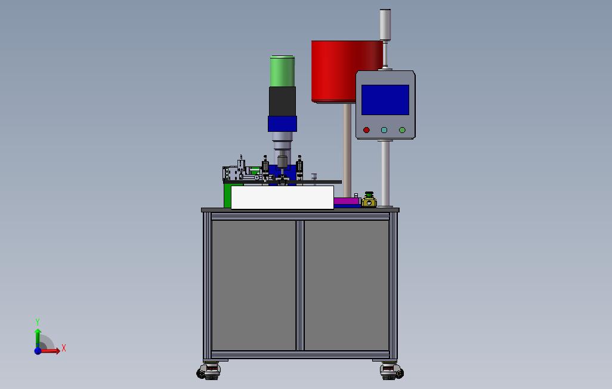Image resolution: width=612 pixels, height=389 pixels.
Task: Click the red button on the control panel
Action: [366, 130]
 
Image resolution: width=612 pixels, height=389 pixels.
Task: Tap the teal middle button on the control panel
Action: [384, 130]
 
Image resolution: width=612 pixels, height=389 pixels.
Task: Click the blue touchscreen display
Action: [385, 100]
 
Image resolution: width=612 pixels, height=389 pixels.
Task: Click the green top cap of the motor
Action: [282, 71]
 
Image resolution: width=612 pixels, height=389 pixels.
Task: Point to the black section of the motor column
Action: [282, 101]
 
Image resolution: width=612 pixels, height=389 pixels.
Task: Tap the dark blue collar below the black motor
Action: [282, 124]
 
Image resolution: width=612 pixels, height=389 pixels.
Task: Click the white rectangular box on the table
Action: [282, 197]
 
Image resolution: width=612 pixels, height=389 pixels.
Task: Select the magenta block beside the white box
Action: [347, 202]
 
